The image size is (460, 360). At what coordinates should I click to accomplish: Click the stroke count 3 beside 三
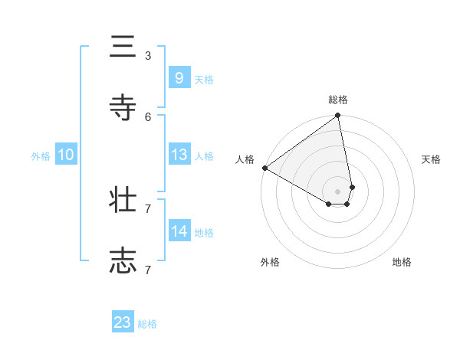(x=148, y=55)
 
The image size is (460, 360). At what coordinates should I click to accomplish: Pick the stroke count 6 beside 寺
(x=148, y=116)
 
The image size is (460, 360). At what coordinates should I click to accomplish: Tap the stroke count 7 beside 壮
(x=148, y=208)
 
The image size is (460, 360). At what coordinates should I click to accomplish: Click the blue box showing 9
(x=179, y=78)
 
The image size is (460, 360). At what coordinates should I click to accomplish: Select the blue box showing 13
(x=179, y=155)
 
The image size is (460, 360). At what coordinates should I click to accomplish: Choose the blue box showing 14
(x=179, y=231)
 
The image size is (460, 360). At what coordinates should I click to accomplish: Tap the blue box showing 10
(x=66, y=155)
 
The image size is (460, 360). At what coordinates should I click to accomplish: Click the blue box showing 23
(x=123, y=322)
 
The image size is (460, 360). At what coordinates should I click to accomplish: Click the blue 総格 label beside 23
(x=147, y=324)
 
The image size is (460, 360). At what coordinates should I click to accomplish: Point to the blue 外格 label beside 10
(x=41, y=156)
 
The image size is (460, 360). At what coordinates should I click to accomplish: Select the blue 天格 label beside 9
(x=204, y=80)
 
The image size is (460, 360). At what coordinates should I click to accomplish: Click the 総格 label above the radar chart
(x=338, y=100)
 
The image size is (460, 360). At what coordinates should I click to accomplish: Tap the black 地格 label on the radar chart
(x=402, y=262)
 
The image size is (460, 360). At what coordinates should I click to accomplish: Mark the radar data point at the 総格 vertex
(x=338, y=116)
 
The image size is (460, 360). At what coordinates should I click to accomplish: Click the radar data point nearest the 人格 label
(x=264, y=168)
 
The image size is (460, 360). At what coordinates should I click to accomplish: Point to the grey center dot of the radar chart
(x=338, y=191)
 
